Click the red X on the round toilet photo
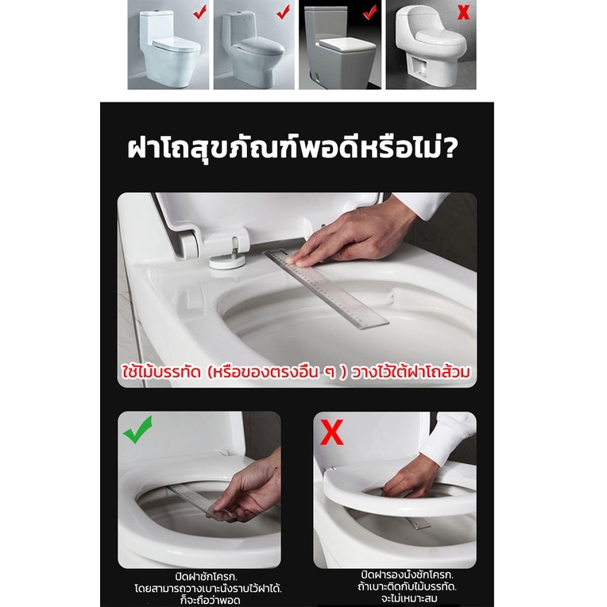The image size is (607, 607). click(x=463, y=13)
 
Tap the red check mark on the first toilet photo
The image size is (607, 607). click(x=200, y=12)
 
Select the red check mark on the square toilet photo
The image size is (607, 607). click(x=369, y=13)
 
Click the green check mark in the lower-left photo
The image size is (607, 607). click(x=137, y=430)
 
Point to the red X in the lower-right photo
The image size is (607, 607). click(x=332, y=432)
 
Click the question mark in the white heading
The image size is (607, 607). click(x=449, y=148)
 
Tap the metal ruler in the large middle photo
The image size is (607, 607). click(x=326, y=288)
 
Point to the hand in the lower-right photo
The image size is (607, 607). click(x=409, y=477)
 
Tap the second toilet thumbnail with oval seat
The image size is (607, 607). click(x=254, y=44)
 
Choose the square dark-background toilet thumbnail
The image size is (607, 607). click(x=340, y=44)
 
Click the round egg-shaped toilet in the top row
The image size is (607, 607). click(x=431, y=44)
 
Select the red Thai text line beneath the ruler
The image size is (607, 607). click(x=296, y=372)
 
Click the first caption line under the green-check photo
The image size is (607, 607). click(x=206, y=577)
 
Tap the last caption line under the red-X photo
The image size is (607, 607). click(x=408, y=599)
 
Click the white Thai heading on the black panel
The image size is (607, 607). click(x=292, y=148)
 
